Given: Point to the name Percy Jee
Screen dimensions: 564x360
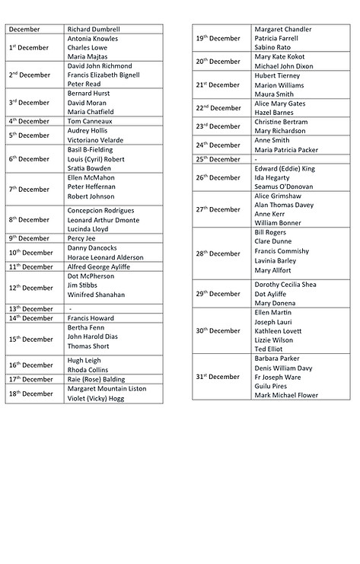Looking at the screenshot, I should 82,238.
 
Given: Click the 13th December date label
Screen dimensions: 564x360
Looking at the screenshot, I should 31,308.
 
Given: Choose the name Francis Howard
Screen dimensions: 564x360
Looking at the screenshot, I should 91,318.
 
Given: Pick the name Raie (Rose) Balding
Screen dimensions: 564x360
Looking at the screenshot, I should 96,379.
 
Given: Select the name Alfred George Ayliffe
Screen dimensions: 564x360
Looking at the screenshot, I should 99,267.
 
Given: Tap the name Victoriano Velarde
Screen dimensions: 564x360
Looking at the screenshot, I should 96,140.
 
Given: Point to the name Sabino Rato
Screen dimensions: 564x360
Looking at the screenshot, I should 273,47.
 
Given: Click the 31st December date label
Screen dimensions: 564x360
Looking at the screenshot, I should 218,377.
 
